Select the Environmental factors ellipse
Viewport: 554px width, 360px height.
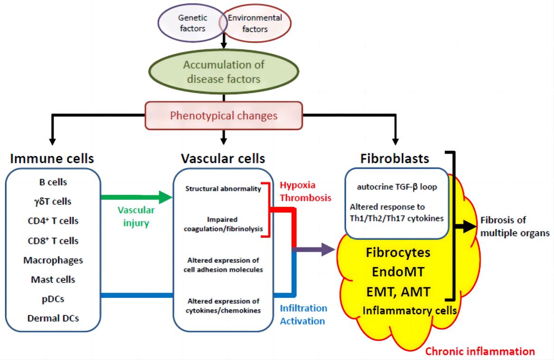tap(256, 24)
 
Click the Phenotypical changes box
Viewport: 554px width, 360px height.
tap(224, 115)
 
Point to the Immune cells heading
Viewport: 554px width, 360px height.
tap(52, 158)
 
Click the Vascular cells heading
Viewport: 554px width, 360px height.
tap(223, 158)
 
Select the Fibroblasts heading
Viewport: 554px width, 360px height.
tap(395, 158)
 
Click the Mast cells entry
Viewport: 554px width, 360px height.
tap(53, 279)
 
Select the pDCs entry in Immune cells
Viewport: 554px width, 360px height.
tap(53, 299)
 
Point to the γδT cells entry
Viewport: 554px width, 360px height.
tap(53, 201)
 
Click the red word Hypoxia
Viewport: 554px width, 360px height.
tap(297, 185)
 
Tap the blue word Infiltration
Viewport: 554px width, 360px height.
tap(304, 308)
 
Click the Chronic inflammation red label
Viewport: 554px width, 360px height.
tap(480, 351)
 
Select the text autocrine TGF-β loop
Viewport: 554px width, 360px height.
tap(397, 187)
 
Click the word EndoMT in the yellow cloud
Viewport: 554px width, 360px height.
tap(397, 272)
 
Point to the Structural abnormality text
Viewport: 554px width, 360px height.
tap(223, 189)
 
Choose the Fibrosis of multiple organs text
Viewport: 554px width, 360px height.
tap(515, 226)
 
